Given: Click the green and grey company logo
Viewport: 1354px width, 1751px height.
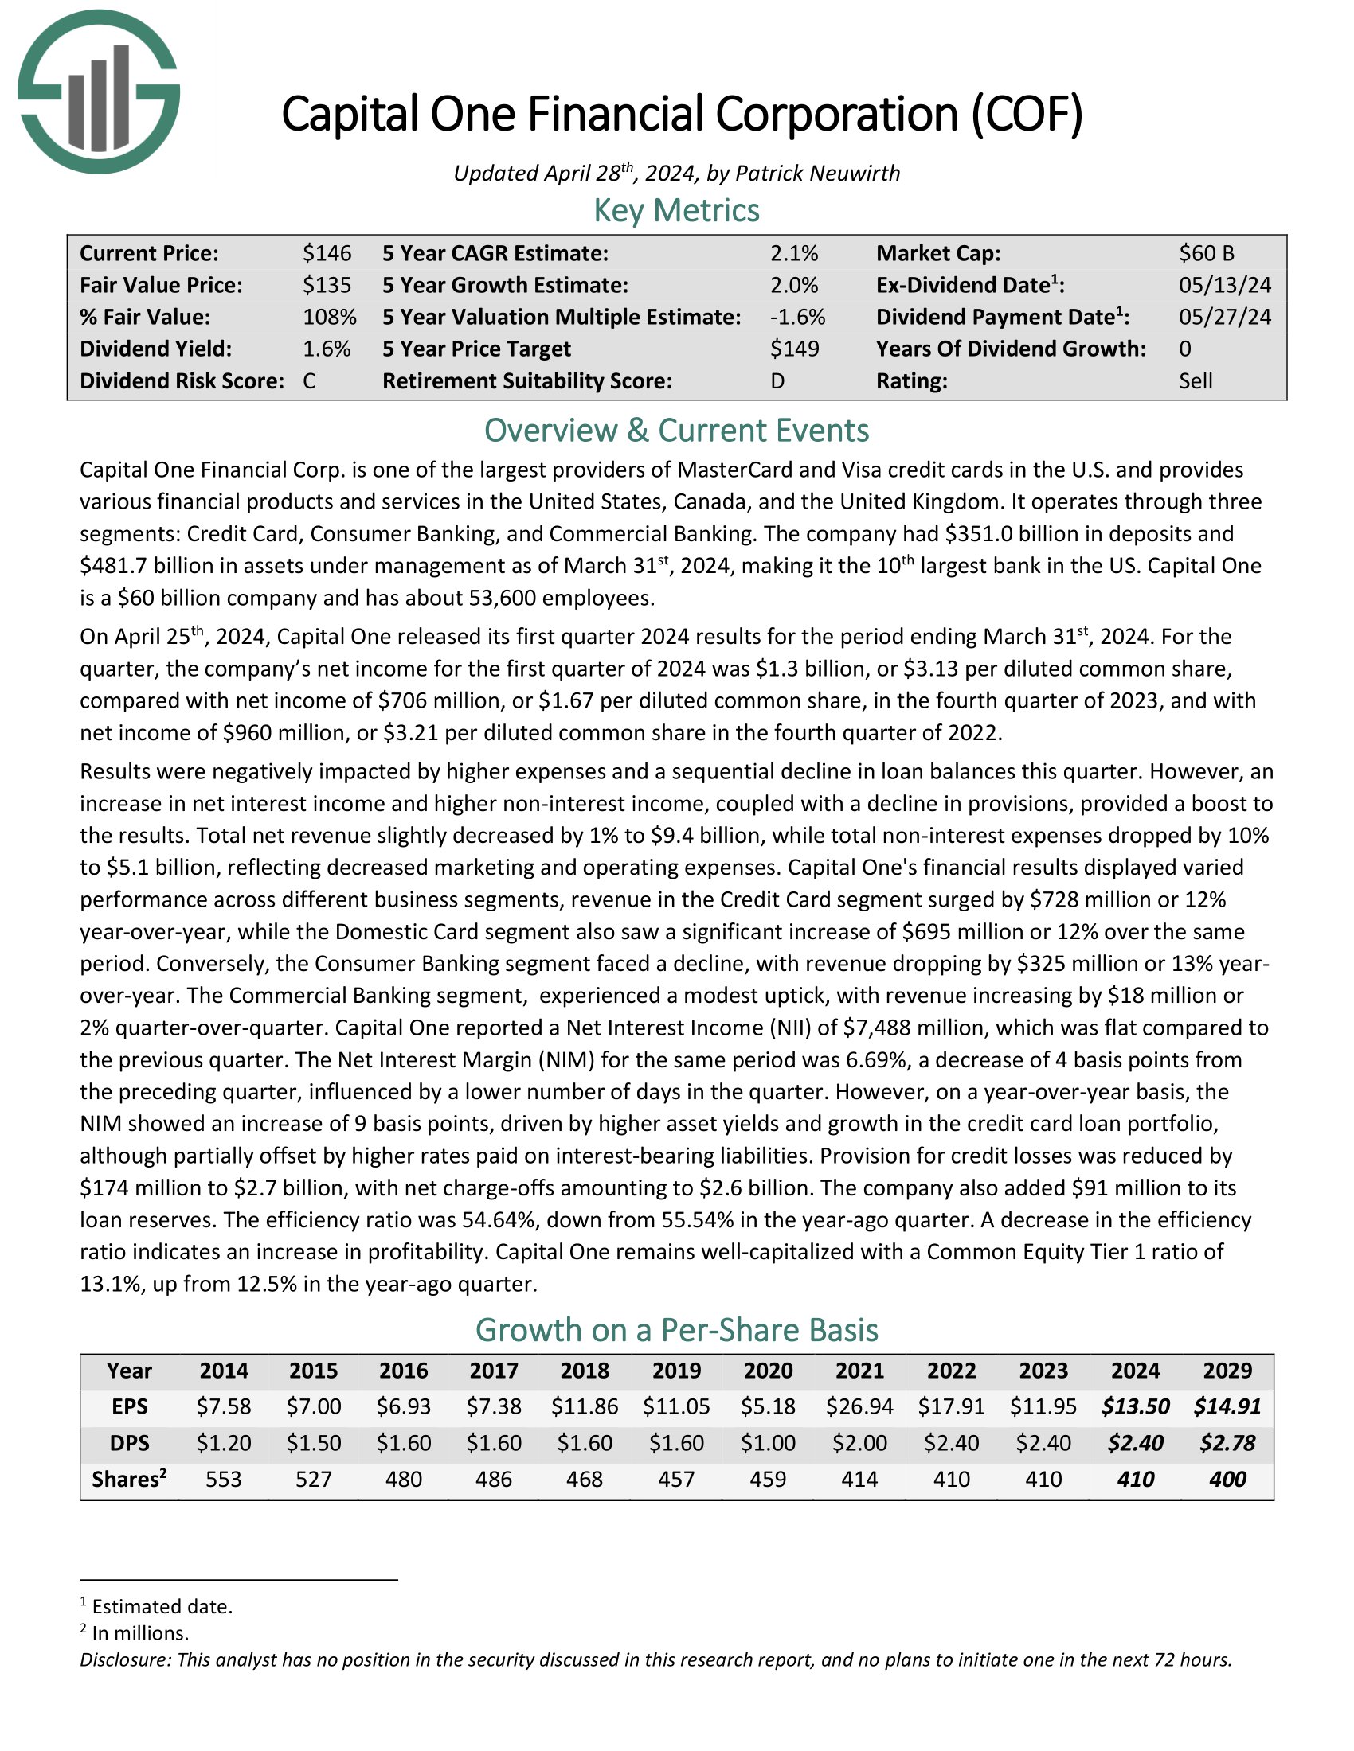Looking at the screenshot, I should coord(99,92).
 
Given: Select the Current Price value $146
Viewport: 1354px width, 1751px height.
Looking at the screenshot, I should coord(327,253).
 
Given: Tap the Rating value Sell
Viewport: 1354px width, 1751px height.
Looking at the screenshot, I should coord(1196,380).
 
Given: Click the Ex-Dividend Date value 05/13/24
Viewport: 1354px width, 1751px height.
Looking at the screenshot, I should coord(1224,286).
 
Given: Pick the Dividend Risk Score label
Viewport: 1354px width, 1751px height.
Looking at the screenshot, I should coord(182,380).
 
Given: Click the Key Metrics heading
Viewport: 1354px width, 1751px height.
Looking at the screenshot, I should coord(676,210).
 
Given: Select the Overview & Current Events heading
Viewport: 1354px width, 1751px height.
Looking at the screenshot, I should coord(676,431).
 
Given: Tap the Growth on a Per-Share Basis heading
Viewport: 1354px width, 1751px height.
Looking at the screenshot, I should coord(676,1330).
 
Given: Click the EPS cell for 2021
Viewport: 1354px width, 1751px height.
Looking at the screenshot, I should coord(859,1406).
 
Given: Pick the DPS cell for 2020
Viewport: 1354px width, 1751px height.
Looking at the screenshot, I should coord(768,1443).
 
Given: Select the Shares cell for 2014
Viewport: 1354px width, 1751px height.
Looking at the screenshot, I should coord(224,1480).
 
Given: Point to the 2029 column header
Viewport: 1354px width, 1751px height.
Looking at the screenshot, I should coord(1227,1371).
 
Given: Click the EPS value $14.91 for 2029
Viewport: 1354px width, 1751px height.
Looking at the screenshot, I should coord(1227,1406).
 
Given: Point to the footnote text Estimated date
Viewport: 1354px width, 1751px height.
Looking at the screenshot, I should coord(162,1606).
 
